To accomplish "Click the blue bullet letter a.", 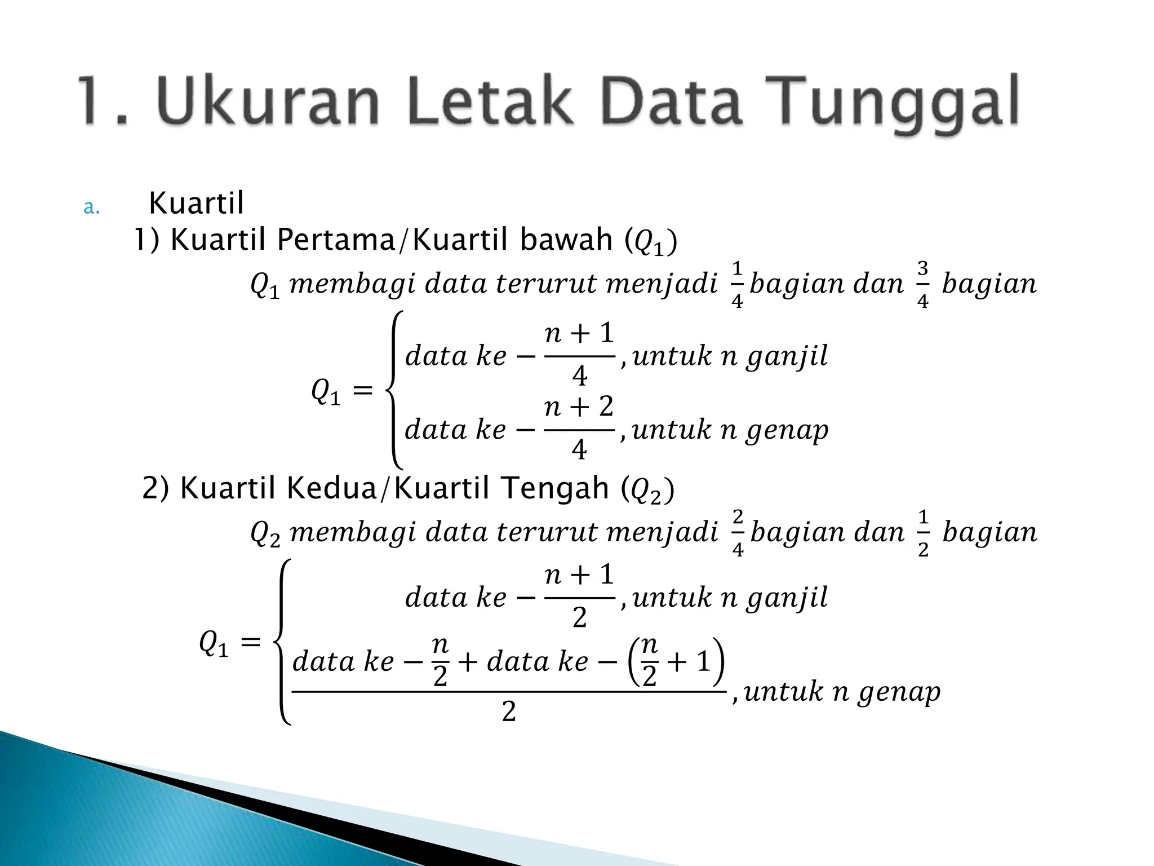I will (x=91, y=208).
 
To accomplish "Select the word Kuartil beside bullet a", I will (x=196, y=203).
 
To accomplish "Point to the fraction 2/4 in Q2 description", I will (x=738, y=533).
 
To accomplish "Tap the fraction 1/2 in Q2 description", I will (x=922, y=533).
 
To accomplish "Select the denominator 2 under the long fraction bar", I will (x=508, y=712).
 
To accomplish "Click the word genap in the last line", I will (x=899, y=692).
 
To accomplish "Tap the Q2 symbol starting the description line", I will (x=265, y=533).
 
